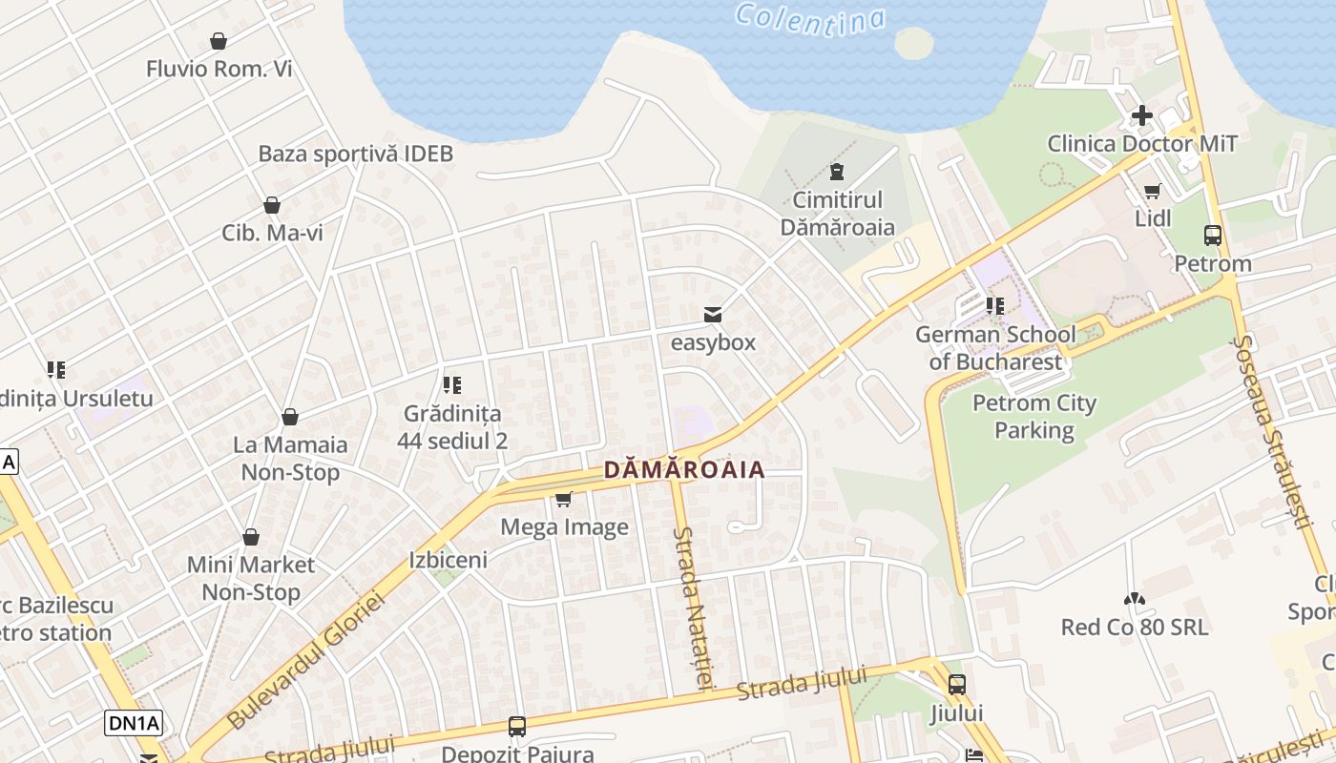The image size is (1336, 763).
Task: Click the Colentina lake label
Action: tap(810, 20)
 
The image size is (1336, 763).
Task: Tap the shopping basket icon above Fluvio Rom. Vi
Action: tap(219, 41)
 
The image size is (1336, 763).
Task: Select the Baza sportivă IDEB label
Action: tap(355, 154)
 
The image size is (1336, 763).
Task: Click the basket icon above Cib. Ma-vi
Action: tap(272, 205)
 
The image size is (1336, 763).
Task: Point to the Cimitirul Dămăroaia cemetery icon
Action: tap(837, 172)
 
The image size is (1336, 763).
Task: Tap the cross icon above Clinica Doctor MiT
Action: tap(1141, 116)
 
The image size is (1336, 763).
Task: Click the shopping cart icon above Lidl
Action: tap(1153, 191)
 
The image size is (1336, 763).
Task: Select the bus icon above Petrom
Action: tap(1212, 235)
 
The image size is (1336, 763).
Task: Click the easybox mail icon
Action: tap(712, 315)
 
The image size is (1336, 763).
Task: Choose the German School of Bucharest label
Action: tap(995, 348)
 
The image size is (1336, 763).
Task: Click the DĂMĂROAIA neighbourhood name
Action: tap(684, 470)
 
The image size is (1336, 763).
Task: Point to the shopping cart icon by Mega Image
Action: tap(564, 499)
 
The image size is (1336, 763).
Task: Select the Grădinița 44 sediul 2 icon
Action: tap(452, 385)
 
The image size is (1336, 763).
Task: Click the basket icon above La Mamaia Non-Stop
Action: tap(290, 417)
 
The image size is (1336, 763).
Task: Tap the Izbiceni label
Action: tap(448, 560)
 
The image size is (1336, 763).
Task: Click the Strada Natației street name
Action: tap(693, 608)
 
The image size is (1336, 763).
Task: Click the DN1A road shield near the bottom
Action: tap(134, 723)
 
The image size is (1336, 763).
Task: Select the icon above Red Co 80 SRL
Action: tap(1134, 599)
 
